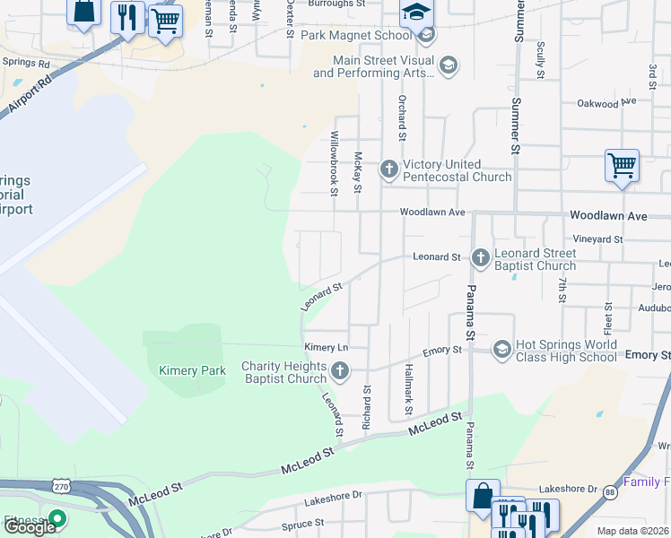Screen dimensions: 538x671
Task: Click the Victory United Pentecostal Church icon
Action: click(x=388, y=169)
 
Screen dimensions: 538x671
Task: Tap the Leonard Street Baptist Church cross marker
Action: click(x=480, y=258)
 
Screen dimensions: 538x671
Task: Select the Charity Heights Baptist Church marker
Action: click(x=339, y=370)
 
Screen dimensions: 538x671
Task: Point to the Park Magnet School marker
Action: click(x=426, y=36)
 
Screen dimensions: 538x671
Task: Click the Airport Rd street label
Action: click(x=30, y=92)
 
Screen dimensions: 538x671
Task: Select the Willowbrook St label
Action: click(x=334, y=163)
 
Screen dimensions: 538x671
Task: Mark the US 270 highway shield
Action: click(x=61, y=485)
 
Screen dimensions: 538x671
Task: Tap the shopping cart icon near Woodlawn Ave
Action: click(x=622, y=165)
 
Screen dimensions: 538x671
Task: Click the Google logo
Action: click(x=30, y=527)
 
